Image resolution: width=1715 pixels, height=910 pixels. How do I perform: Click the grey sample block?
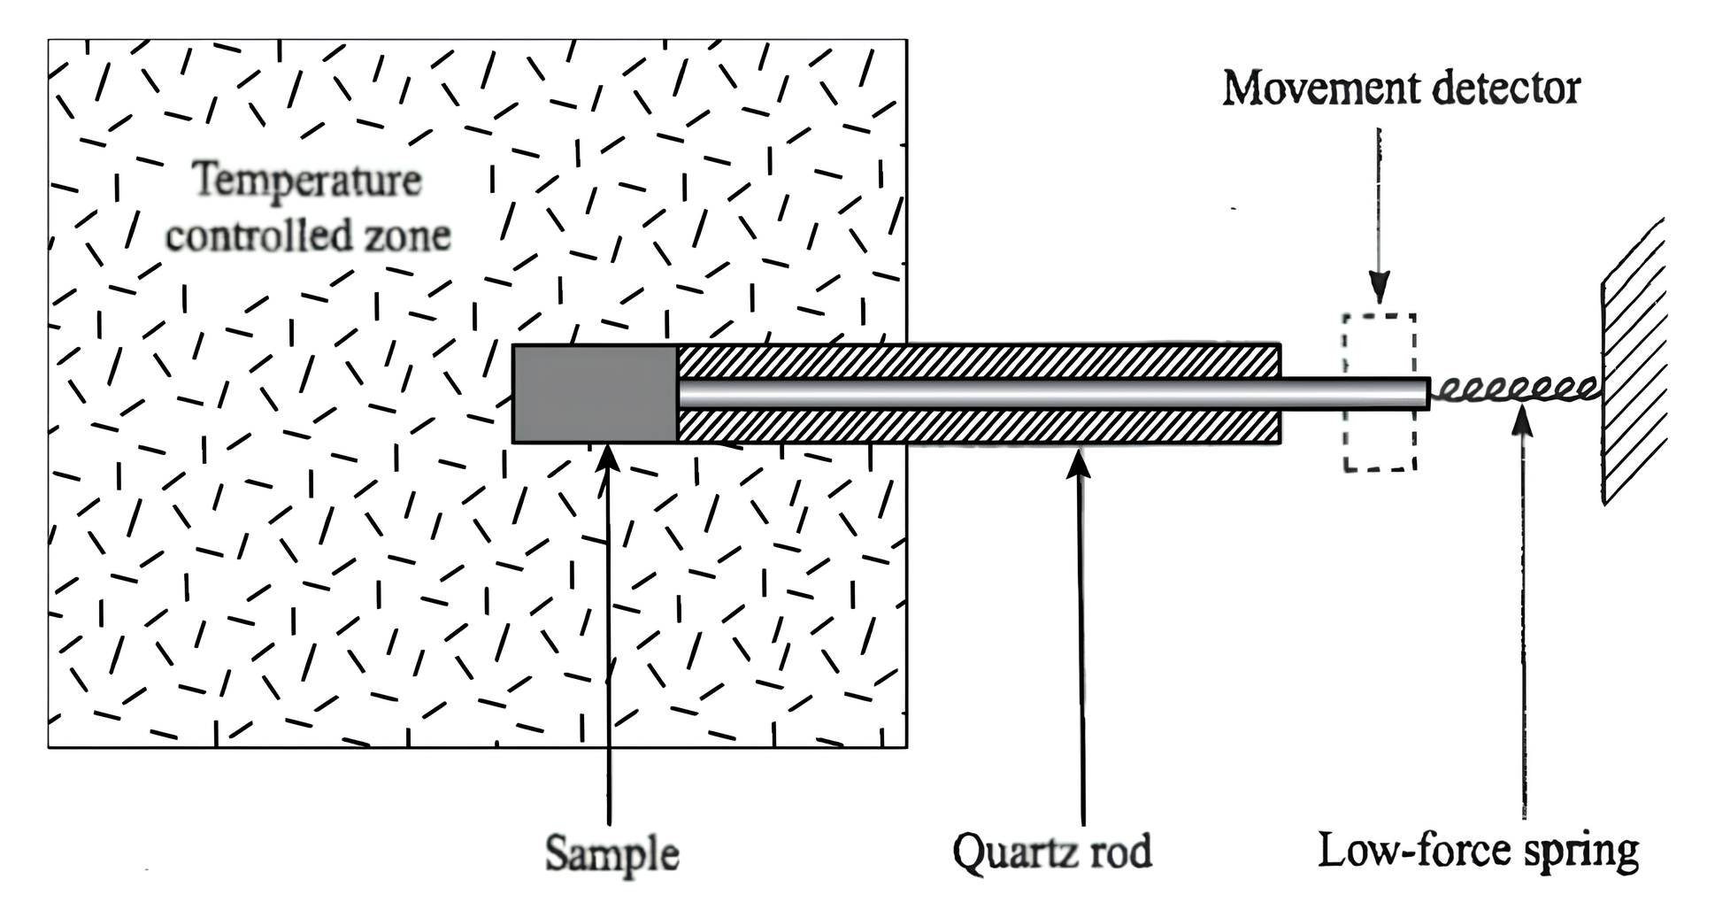[595, 393]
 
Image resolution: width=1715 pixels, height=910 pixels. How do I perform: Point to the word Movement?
[1317, 89]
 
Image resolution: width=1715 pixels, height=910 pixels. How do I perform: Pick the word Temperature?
[307, 181]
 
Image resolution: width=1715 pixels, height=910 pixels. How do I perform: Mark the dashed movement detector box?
[1379, 392]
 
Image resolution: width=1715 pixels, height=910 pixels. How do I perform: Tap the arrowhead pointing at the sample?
[607, 459]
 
